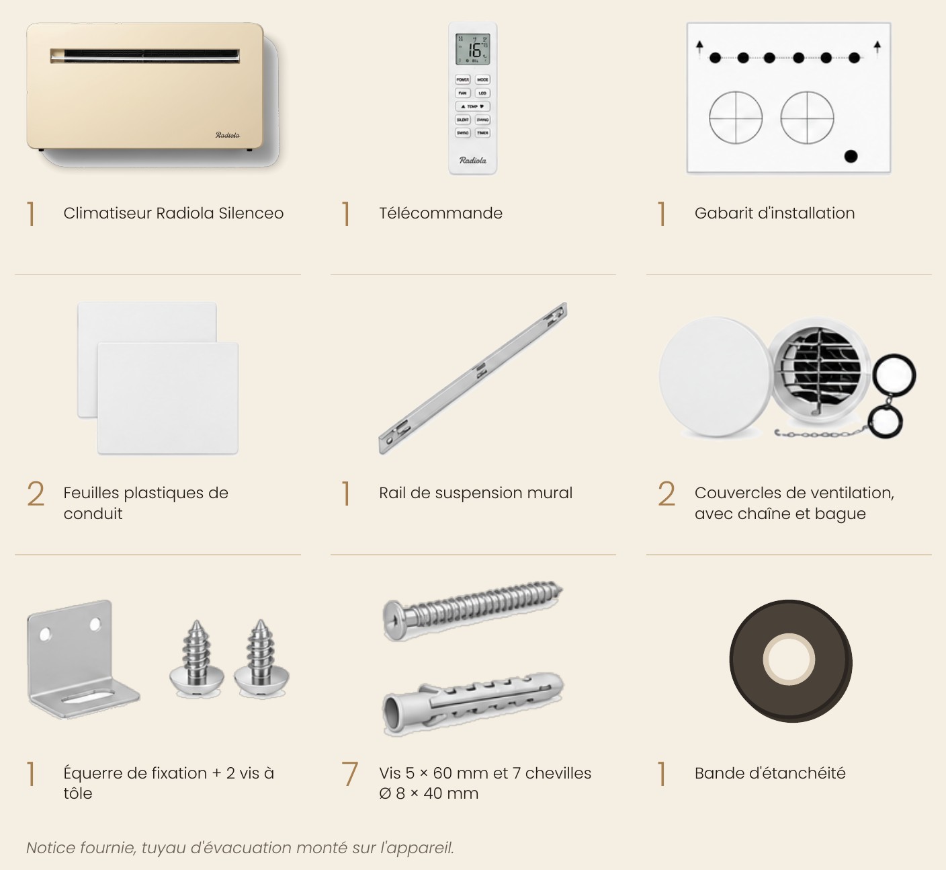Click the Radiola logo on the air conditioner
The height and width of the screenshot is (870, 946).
[227, 135]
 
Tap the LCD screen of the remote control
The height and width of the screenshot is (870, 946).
[472, 49]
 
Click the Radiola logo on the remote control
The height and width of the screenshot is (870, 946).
[472, 160]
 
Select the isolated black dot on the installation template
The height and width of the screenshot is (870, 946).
[851, 156]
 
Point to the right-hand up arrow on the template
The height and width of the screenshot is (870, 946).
[877, 48]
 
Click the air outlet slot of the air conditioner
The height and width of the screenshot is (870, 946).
[144, 56]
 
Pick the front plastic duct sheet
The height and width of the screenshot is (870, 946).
[167, 399]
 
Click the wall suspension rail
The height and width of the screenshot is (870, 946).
[473, 378]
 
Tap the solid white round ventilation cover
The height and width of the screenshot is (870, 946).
[716, 377]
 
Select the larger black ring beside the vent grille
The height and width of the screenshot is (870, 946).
[894, 376]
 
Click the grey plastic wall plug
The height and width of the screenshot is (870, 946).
[473, 703]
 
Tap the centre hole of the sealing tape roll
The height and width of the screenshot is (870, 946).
[789, 660]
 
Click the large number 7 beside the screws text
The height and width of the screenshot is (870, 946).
[349, 774]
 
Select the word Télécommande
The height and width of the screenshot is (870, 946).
[441, 213]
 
